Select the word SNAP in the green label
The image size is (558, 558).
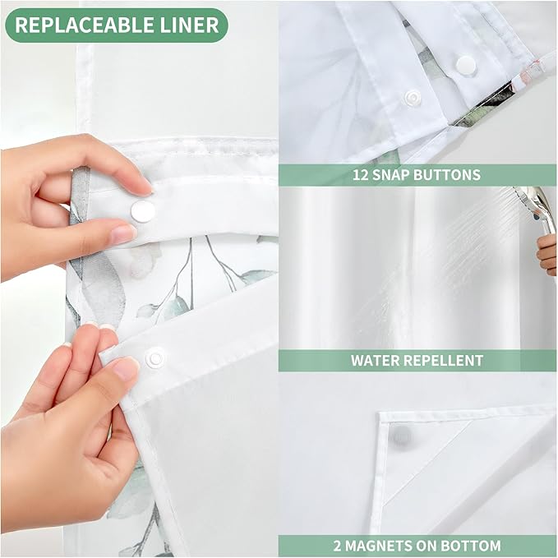396,175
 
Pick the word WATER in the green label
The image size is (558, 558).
376,360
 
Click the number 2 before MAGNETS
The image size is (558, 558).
338,546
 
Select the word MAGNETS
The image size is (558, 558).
382,546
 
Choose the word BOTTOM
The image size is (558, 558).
474,546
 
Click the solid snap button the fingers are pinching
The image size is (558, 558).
142,211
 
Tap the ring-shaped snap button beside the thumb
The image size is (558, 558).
154,358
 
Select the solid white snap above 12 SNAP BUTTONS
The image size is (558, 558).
467,63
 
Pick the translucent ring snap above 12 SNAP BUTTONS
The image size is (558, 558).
411,98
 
